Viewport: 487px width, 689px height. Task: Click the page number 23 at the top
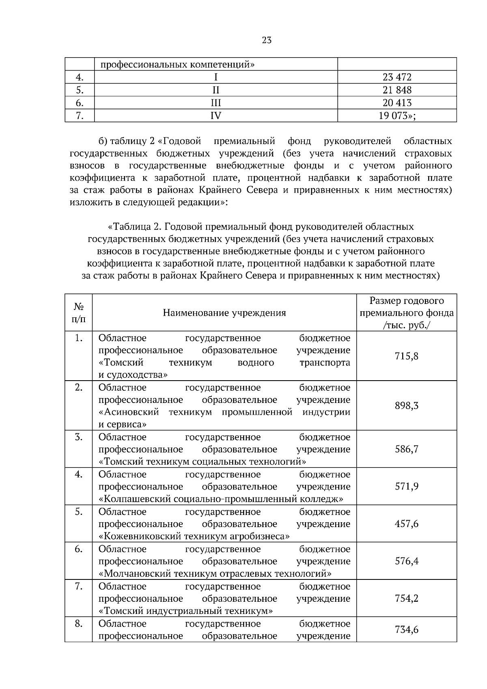point(267,40)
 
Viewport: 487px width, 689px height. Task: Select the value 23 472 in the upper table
point(397,77)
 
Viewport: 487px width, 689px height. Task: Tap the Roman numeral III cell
point(216,103)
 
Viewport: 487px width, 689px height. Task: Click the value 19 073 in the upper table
point(397,116)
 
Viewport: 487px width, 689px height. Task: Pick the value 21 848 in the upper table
point(397,90)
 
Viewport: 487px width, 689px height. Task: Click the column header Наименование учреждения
point(224,312)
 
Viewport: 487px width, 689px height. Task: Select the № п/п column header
point(79,312)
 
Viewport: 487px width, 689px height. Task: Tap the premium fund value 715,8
point(407,356)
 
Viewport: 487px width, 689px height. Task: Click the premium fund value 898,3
point(407,405)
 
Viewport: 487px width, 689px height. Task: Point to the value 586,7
point(407,449)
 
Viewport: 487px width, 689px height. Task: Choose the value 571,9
point(407,486)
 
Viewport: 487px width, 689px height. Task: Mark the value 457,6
point(407,523)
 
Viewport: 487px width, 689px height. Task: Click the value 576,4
point(407,561)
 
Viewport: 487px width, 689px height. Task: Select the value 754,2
point(407,598)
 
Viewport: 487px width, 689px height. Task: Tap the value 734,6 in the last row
point(407,629)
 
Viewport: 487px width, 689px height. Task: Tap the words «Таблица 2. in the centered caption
point(135,226)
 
